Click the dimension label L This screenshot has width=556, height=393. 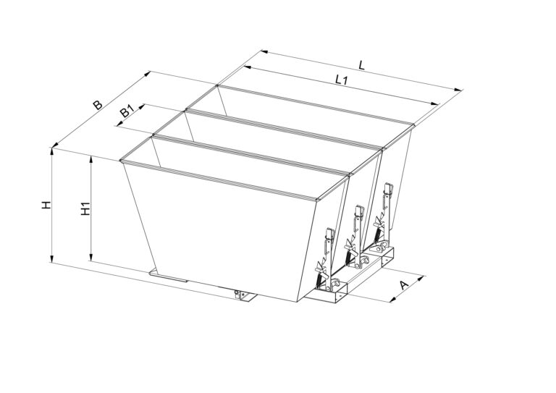point(361,65)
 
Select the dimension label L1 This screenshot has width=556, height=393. point(341,80)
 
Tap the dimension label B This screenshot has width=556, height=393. point(98,105)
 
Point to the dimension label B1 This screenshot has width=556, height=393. point(127,112)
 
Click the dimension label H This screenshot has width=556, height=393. point(46,205)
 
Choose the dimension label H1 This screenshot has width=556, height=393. point(85,208)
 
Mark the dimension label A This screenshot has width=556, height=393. point(404,284)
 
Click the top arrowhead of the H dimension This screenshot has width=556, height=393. point(52,152)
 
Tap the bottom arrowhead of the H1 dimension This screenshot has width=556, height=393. point(91,257)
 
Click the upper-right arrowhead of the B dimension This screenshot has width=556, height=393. point(147,74)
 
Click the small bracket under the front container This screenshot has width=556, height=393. point(244,295)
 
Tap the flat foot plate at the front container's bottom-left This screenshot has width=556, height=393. point(169,276)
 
